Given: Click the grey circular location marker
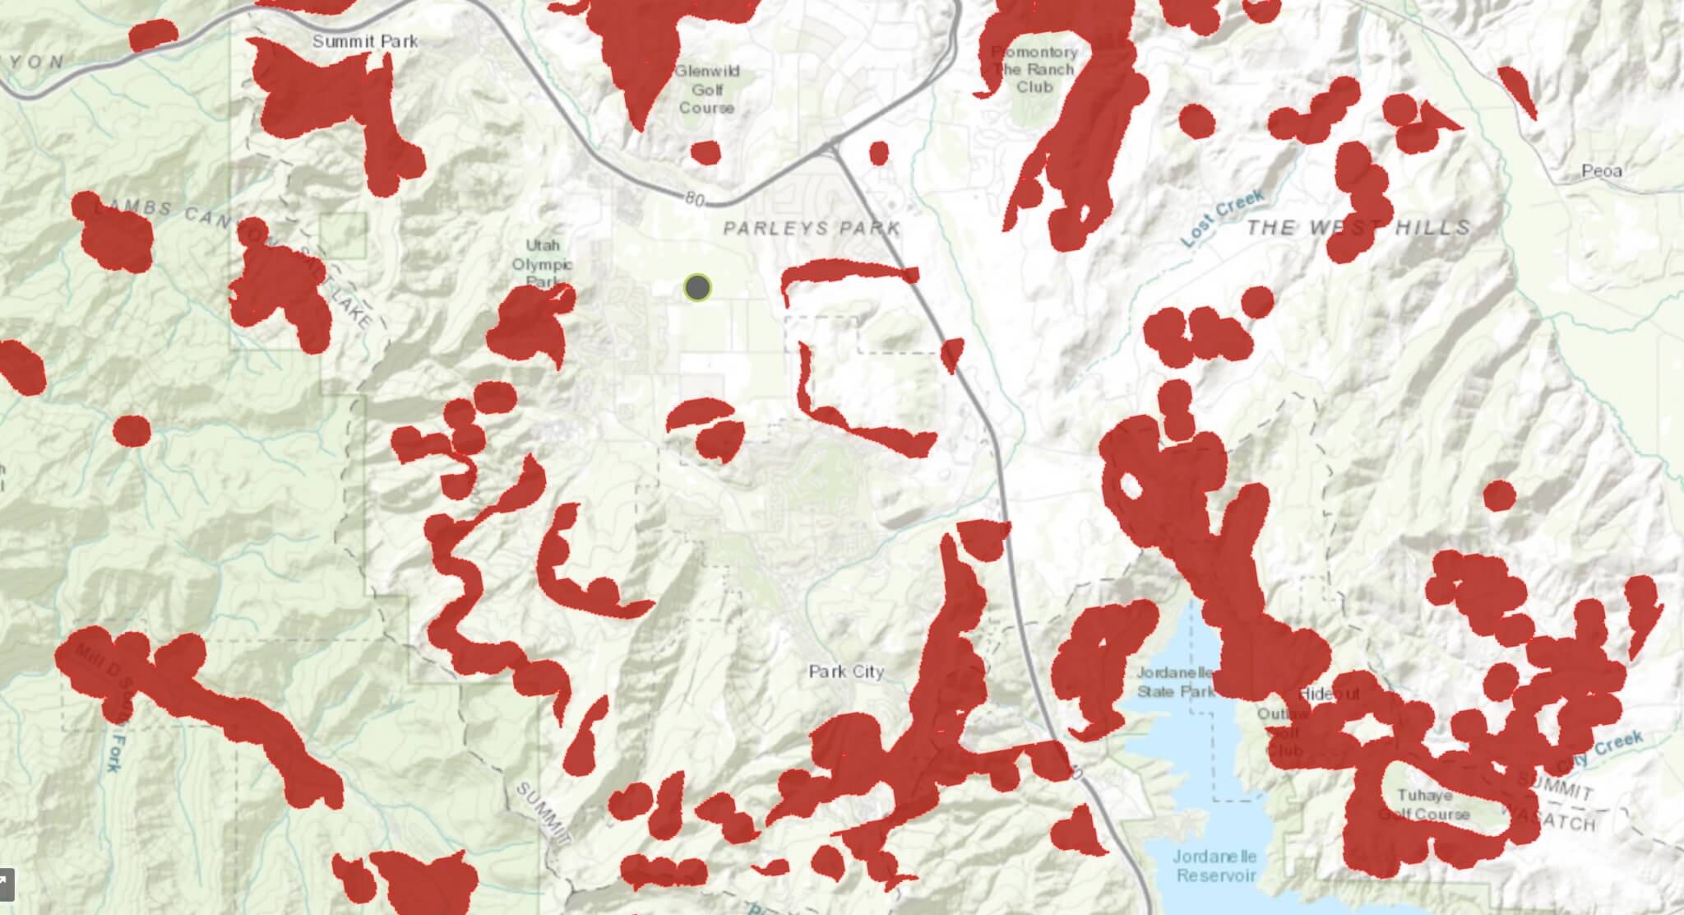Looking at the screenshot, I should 697,287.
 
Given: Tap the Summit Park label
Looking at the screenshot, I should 365,41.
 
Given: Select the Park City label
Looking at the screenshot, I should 846,671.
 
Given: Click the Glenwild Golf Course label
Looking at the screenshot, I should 707,90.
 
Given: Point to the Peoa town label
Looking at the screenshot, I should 1601,171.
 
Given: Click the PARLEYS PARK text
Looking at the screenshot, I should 811,227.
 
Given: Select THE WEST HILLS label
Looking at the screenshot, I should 1358,227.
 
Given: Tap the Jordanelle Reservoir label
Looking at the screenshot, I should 1216,866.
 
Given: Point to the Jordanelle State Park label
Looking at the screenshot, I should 1176,682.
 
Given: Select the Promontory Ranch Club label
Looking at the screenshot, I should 1034,70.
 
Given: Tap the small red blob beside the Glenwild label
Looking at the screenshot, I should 706,152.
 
